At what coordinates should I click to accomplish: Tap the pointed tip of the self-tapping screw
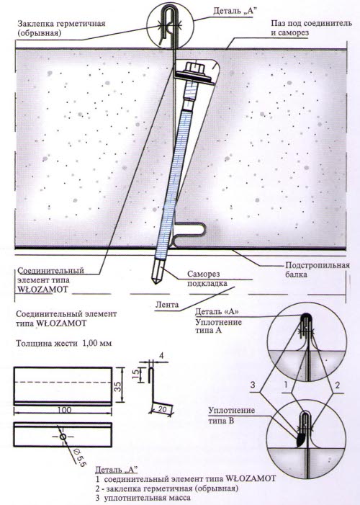pyautogui.click(x=156, y=282)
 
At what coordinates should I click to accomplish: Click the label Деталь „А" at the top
pyautogui.click(x=235, y=11)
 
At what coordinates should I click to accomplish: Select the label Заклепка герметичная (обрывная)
pyautogui.click(x=61, y=28)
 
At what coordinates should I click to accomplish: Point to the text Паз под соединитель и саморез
pyautogui.click(x=311, y=28)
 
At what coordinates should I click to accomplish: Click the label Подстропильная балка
pyautogui.click(x=318, y=270)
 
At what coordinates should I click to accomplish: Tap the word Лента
pyautogui.click(x=167, y=304)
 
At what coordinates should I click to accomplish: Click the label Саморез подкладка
pyautogui.click(x=207, y=279)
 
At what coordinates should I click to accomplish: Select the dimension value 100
pyautogui.click(x=64, y=410)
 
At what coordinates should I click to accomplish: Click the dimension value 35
pyautogui.click(x=118, y=386)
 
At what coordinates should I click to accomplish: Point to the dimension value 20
pyautogui.click(x=163, y=408)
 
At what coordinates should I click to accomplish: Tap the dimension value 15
pyautogui.click(x=137, y=374)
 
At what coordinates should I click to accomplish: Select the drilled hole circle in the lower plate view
pyautogui.click(x=63, y=437)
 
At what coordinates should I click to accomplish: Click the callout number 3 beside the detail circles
pyautogui.click(x=253, y=385)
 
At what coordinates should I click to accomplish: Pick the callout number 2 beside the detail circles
pyautogui.click(x=337, y=385)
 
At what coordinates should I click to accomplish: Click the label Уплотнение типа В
pyautogui.click(x=231, y=415)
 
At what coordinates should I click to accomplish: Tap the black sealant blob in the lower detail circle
pyautogui.click(x=300, y=440)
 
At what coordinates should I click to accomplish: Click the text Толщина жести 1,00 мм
pyautogui.click(x=64, y=343)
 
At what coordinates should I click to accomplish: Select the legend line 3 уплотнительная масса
pyautogui.click(x=143, y=497)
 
